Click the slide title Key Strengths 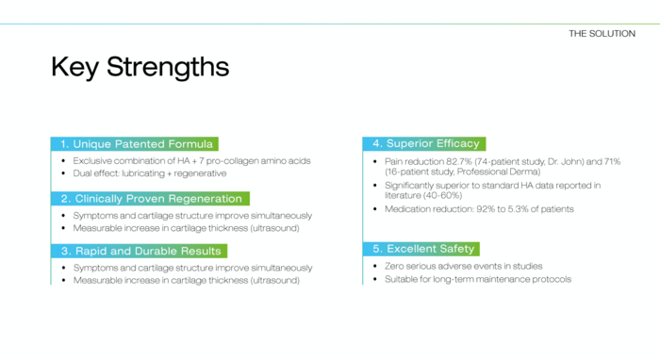[140, 67]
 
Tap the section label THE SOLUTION [602, 34]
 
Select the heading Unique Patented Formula [142, 144]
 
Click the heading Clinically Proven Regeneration [158, 199]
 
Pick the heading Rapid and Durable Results [148, 251]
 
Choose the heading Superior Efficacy [433, 143]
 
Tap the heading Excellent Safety [431, 249]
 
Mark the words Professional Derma [497, 172]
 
